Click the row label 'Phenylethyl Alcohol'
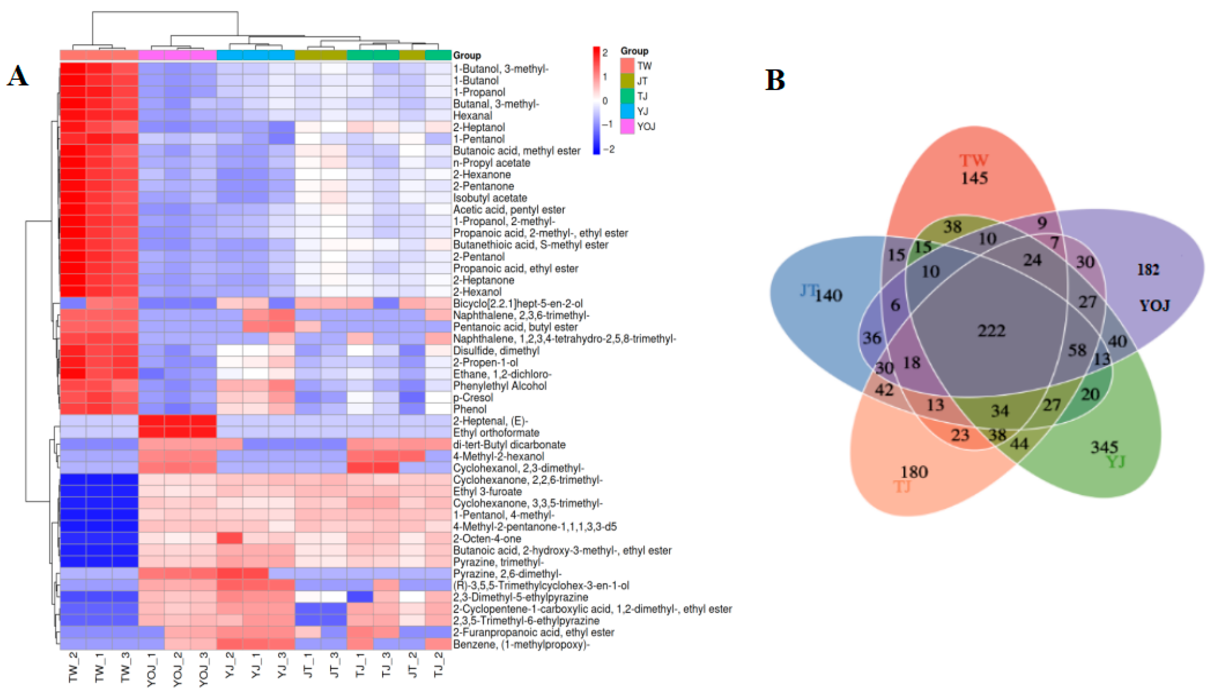(x=500, y=386)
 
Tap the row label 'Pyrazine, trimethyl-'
(x=498, y=562)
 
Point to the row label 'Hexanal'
(x=472, y=116)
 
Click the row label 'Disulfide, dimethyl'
(x=496, y=350)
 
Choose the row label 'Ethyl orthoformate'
(x=496, y=433)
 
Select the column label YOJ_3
(x=204, y=669)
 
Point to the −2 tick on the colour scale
(x=608, y=150)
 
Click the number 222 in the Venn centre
(x=992, y=330)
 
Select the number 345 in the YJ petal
(x=1104, y=447)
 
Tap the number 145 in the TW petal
(x=974, y=178)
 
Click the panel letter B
(x=775, y=80)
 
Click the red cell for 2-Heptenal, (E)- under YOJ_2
(x=177, y=421)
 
